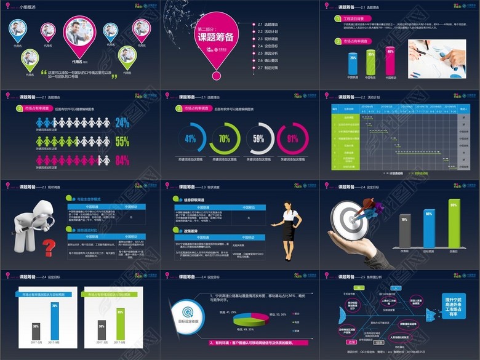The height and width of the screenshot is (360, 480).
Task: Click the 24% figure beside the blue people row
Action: pyautogui.click(x=122, y=122)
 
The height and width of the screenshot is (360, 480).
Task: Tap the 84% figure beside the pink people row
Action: pyautogui.click(x=122, y=161)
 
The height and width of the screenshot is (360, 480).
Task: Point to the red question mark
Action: pyautogui.click(x=48, y=247)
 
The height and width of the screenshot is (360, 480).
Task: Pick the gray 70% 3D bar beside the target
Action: pyautogui.click(x=404, y=231)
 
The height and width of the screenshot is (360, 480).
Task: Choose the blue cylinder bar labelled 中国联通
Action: pyautogui.click(x=353, y=63)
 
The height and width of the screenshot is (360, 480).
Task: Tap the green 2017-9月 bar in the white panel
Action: pyautogui.click(x=121, y=324)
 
